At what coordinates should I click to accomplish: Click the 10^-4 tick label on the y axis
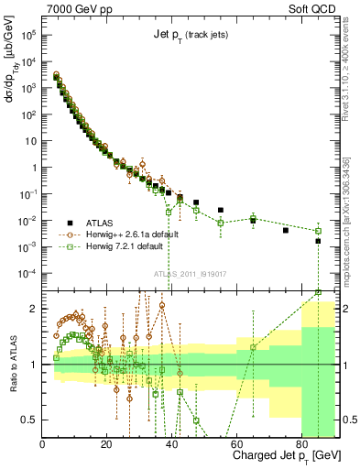click(x=27, y=274)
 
